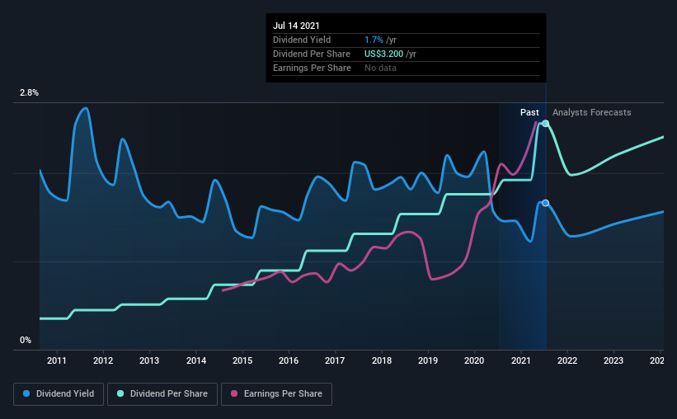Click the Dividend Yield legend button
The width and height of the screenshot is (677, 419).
59,394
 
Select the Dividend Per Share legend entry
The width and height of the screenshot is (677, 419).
162,394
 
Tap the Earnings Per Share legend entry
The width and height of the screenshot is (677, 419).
276,394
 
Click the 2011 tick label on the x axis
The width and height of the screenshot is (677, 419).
57,360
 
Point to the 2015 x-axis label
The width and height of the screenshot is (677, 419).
242,360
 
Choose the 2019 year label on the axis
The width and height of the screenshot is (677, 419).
428,360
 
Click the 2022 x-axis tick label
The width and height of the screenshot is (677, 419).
567,360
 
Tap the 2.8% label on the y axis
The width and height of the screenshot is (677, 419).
29,93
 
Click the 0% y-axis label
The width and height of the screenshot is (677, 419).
26,341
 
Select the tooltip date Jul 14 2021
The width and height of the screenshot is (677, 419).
296,26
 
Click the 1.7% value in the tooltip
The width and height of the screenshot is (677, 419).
374,40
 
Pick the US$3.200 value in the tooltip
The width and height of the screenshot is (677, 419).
383,54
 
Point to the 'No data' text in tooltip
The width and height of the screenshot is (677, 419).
380,68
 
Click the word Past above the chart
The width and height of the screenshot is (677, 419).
529,112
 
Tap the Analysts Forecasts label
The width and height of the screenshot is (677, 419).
591,112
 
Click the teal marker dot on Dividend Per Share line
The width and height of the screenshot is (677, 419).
546,124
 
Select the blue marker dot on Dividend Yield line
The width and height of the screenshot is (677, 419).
546,203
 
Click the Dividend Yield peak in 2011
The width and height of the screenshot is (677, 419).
86,108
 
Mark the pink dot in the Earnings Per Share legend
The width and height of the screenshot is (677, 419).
234,393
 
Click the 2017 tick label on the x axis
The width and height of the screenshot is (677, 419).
335,360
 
